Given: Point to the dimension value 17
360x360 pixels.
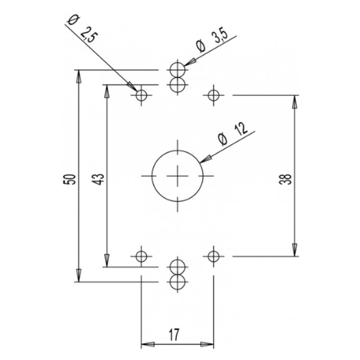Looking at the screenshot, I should [x=177, y=335].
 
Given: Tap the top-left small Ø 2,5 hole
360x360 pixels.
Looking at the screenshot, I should [x=142, y=95].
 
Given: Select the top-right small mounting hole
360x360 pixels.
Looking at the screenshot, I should [x=212, y=95].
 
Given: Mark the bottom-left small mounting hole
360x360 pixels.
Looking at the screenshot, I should [x=142, y=257].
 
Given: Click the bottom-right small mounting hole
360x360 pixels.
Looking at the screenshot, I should [x=212, y=257].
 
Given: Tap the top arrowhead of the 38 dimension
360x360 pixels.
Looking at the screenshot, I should [x=295, y=101].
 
